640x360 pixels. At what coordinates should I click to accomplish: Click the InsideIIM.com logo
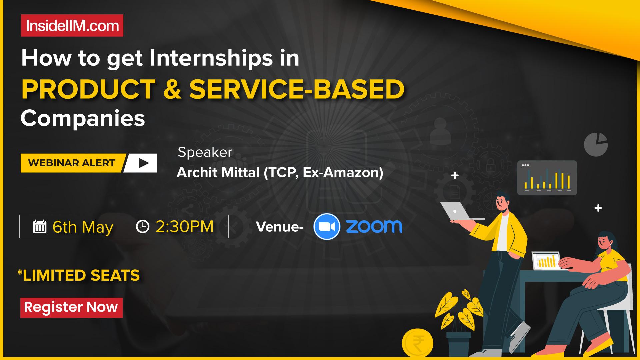tap(72, 26)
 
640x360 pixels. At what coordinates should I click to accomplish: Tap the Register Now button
tap(71, 307)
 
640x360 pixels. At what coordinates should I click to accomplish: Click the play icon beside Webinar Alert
tap(143, 163)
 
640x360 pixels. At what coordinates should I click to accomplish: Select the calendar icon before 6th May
tap(40, 227)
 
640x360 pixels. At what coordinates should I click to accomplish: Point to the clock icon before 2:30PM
tap(143, 226)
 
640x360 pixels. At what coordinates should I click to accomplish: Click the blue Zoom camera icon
tap(327, 227)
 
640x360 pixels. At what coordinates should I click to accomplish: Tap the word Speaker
tap(205, 152)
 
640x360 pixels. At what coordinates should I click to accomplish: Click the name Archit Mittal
tap(218, 173)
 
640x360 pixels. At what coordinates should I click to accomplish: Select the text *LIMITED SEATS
tap(78, 275)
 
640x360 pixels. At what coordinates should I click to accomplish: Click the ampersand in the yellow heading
tap(172, 89)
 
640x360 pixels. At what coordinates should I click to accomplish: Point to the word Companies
tap(83, 118)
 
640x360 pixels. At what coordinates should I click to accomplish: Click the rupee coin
tap(417, 343)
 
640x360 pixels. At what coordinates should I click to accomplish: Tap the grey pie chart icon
tap(596, 145)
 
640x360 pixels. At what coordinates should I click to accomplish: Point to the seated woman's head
tap(607, 243)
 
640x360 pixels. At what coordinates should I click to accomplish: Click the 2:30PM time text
tap(184, 227)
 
